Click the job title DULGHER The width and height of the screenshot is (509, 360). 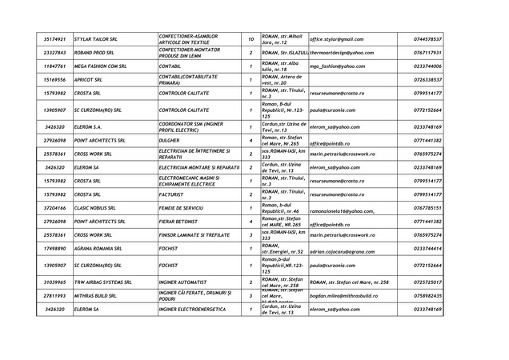[169, 140]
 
